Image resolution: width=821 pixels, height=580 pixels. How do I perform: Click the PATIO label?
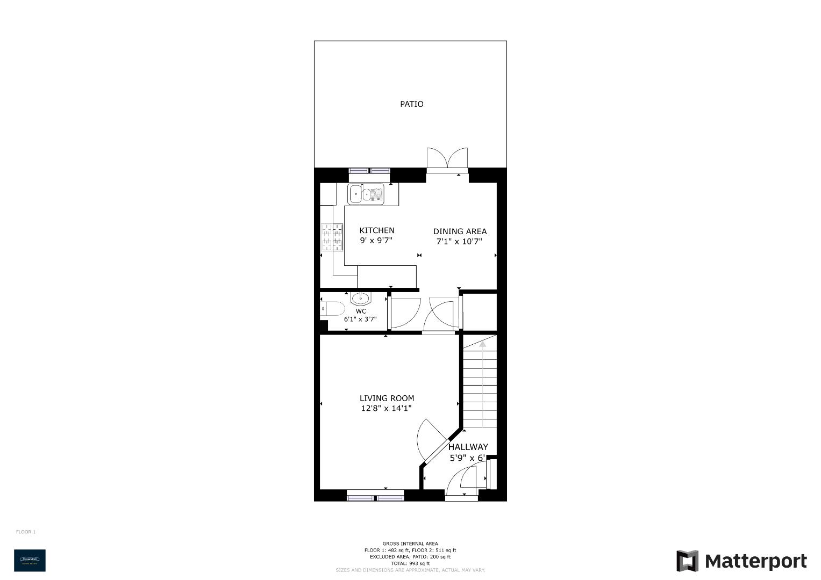coord(411,104)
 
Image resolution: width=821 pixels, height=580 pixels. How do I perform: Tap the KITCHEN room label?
coord(376,230)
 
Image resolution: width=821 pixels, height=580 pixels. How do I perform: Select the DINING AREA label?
coord(460,231)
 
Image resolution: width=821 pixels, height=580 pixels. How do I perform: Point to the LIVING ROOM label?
coord(387,398)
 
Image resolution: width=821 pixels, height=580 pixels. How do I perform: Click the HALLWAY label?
coord(468,447)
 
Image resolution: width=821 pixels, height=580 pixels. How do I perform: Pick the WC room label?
coord(361,311)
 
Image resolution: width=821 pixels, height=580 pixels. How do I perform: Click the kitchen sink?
coord(366,194)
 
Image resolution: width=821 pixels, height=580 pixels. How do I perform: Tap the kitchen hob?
coord(332,237)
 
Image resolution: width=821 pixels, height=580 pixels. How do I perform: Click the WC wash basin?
coord(360,298)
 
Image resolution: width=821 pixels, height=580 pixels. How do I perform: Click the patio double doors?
coord(447,159)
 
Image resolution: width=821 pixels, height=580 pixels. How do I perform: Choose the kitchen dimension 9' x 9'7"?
coord(376,241)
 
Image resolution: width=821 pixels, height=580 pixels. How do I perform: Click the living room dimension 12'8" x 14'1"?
coord(387,409)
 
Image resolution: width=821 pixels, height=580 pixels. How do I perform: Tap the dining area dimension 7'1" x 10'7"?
coord(459,242)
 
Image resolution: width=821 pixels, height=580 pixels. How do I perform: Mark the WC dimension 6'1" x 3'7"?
coord(360,320)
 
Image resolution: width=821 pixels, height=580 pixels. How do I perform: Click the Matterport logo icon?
coord(687,561)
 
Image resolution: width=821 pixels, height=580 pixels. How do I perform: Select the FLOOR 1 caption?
coord(26,532)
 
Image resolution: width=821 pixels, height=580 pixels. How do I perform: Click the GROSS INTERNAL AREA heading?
coord(410,543)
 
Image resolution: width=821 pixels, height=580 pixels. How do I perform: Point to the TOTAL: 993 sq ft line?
coord(410,563)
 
